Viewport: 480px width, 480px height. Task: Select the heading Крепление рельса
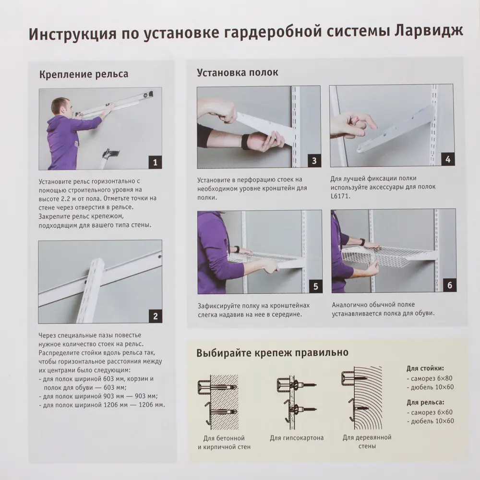point(84,74)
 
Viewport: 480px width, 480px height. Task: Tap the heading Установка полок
point(237,72)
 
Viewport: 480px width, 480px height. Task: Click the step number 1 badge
point(155,162)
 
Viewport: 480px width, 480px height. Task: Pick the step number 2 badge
point(155,316)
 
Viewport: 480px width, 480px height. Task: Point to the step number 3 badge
point(314,160)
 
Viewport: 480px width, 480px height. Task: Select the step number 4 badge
point(447,159)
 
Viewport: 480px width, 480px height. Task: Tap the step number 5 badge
point(315,287)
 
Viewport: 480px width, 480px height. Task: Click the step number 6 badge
point(449,285)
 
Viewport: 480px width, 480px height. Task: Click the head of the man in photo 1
point(60,107)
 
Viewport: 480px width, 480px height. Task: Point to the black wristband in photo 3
point(245,142)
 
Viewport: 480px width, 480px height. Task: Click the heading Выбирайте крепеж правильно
point(272,353)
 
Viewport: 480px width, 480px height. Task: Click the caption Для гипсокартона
point(296,438)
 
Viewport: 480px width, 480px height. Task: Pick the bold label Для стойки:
point(425,369)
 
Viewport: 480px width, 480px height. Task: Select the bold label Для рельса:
point(425,402)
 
